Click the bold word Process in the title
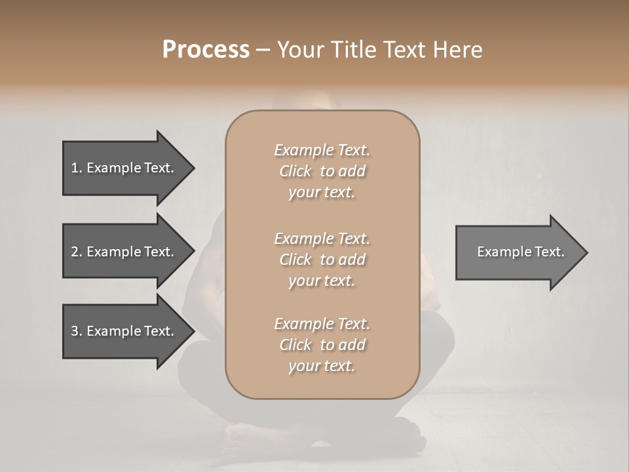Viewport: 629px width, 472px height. (x=206, y=49)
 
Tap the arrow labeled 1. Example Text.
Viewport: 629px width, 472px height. (x=124, y=168)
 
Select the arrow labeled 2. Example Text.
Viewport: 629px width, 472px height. (x=124, y=252)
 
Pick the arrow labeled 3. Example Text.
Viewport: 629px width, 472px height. (x=124, y=331)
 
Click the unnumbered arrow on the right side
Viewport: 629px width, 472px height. (x=518, y=252)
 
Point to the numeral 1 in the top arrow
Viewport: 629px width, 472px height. (x=75, y=168)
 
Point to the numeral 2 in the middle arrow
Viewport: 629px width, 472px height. (x=75, y=252)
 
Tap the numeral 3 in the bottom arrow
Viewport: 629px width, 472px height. (x=75, y=331)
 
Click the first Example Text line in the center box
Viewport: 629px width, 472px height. (x=322, y=150)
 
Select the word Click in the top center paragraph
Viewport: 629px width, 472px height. (x=295, y=171)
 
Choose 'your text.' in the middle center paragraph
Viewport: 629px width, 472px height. (x=322, y=281)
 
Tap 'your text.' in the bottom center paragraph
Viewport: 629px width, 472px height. (x=322, y=366)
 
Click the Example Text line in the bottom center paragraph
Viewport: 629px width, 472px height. (x=322, y=324)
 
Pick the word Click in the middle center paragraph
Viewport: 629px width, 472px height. (x=295, y=260)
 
